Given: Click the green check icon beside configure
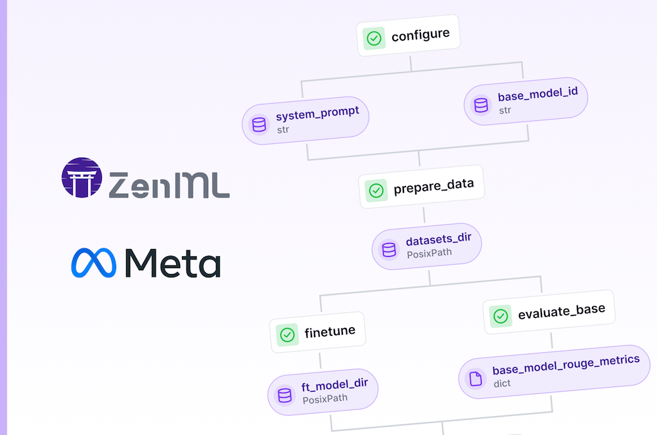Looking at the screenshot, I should click(x=374, y=37).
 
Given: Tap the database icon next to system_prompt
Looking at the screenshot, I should click(x=258, y=123).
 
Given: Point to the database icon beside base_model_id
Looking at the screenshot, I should click(x=481, y=104).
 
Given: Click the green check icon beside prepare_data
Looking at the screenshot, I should click(x=376, y=191).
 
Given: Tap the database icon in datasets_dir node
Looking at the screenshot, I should click(x=389, y=250).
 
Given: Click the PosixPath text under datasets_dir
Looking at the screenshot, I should click(x=428, y=253).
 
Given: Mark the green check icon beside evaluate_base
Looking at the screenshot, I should click(x=501, y=316).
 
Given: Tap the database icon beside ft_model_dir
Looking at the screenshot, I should click(x=284, y=395).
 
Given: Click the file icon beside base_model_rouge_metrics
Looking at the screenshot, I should click(x=475, y=378).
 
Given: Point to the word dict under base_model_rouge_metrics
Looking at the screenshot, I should click(x=501, y=382).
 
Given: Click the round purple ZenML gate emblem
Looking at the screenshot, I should click(x=82, y=177).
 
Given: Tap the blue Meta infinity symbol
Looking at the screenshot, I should click(x=93, y=263).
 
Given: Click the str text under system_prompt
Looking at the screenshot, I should click(x=283, y=129).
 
